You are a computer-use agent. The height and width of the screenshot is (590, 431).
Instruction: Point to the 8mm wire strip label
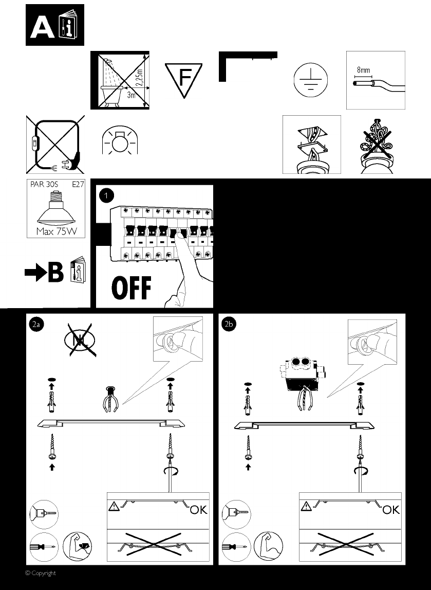click(363, 70)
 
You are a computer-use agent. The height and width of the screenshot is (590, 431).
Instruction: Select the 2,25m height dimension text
click(139, 78)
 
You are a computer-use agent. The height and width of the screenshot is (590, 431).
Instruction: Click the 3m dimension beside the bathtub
click(131, 95)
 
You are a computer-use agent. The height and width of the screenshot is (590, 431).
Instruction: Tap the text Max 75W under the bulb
click(57, 231)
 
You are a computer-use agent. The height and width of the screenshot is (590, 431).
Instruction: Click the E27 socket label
click(78, 185)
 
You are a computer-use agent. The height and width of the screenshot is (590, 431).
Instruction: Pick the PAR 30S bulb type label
click(44, 185)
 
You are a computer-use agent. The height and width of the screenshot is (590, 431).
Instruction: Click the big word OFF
click(132, 288)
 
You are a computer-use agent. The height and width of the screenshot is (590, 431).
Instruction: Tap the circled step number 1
click(107, 195)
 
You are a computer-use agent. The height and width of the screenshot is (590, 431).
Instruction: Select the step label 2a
click(36, 325)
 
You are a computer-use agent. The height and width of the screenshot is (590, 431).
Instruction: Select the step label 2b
click(229, 325)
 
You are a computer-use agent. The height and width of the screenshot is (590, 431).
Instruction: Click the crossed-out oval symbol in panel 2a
click(80, 340)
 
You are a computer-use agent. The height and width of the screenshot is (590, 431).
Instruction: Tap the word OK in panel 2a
click(198, 509)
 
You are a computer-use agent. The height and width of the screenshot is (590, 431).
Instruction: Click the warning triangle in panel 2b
click(306, 506)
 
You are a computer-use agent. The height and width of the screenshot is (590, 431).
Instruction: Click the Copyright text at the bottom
click(41, 573)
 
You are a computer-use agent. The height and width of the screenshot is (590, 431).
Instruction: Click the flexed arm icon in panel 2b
click(268, 546)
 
